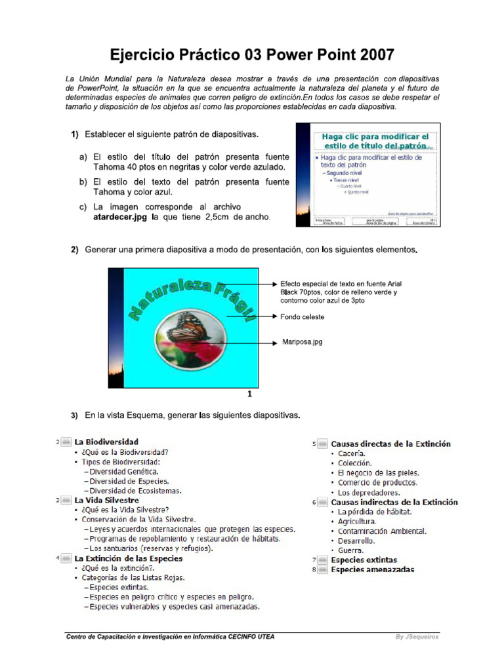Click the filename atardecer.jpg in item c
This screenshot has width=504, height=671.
[121, 217]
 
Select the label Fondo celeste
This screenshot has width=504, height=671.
[303, 316]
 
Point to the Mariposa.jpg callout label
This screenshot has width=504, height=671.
[303, 341]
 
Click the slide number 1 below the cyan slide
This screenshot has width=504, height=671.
[249, 394]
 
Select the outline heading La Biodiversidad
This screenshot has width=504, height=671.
[106, 442]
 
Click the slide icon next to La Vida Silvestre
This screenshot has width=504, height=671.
[66, 500]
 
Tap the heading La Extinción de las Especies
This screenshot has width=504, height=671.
[129, 559]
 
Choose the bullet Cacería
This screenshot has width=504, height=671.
[352, 453]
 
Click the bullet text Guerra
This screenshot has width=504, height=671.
[351, 550]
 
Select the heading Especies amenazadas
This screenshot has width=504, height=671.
[372, 570]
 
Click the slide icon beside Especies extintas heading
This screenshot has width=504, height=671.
[322, 560]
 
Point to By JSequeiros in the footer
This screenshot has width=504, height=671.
[418, 636]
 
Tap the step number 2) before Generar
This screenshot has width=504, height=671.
[75, 250]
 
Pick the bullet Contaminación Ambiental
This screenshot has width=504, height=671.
[382, 531]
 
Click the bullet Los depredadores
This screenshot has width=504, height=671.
[369, 492]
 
